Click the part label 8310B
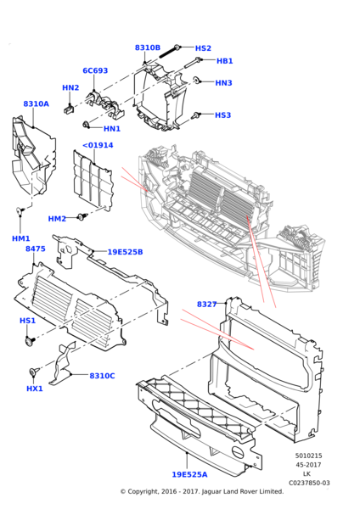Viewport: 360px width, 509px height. (x=147, y=48)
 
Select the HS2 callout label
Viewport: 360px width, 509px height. (x=203, y=48)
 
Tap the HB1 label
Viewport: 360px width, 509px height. (x=224, y=61)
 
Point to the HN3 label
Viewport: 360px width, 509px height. (x=222, y=83)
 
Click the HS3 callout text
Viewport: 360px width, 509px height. (x=222, y=115)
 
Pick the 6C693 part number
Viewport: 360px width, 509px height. (x=95, y=71)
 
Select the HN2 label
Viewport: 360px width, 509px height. (x=70, y=87)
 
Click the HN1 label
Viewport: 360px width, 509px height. (x=112, y=129)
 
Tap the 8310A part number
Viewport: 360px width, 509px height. (x=36, y=104)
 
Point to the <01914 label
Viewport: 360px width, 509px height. (x=98, y=145)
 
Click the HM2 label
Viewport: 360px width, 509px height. (x=57, y=219)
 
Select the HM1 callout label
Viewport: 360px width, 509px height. (x=20, y=238)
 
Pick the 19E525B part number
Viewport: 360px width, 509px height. (x=125, y=252)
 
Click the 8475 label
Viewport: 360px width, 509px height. (x=35, y=249)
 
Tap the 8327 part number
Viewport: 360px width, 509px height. (x=206, y=304)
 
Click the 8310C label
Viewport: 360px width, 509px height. (x=102, y=376)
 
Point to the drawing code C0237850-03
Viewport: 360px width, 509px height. (x=308, y=483)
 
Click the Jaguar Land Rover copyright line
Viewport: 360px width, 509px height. (x=201, y=491)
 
